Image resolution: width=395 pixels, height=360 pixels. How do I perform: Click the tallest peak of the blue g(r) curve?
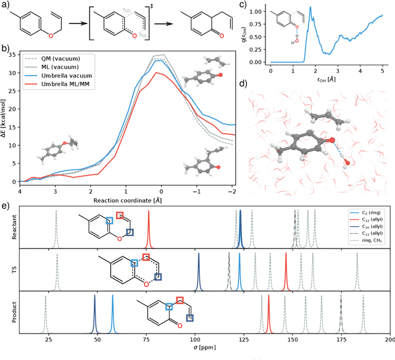pos(293,8)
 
